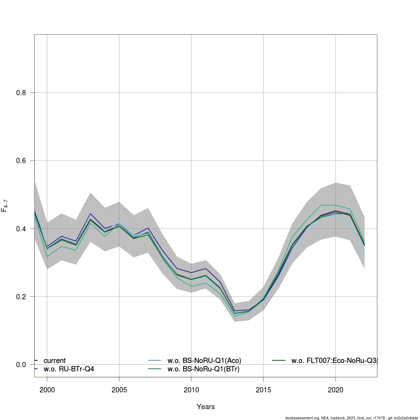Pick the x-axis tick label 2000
coord(47,390)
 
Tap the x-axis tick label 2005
coord(119,390)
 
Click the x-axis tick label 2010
coord(191,390)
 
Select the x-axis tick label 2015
coord(263,390)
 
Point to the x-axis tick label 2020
coord(335,390)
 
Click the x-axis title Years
coord(206,407)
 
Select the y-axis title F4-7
coord(5,205)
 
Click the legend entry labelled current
coord(55,360)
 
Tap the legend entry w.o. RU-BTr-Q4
coord(69,369)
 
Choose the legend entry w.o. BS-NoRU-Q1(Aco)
coord(204,360)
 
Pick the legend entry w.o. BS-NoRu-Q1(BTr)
coord(203,369)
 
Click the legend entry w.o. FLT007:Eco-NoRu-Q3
coord(334,360)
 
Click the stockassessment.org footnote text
coord(351,418)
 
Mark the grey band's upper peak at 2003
coord(90,193)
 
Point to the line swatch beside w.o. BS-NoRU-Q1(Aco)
coord(154,360)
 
